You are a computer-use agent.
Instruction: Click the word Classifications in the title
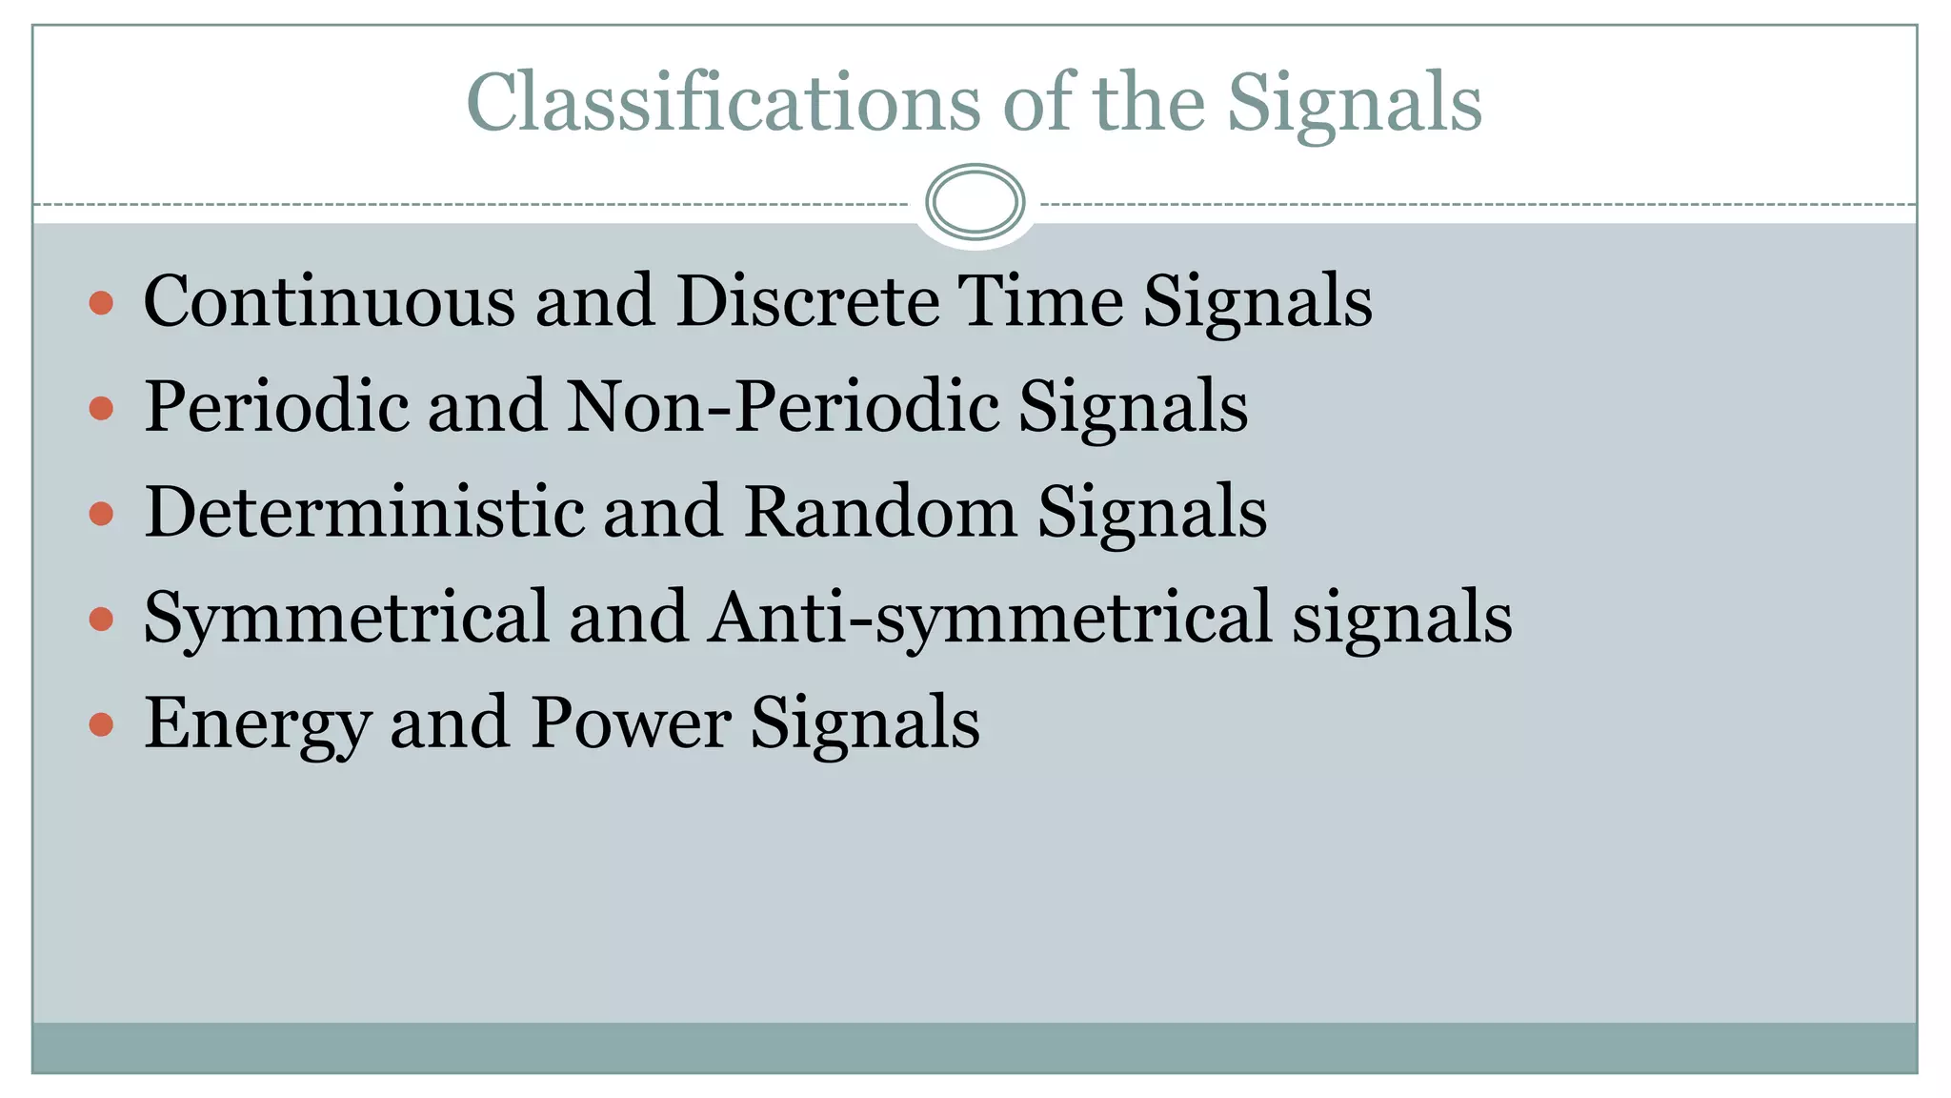tap(723, 102)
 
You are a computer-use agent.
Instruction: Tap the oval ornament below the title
tap(975, 202)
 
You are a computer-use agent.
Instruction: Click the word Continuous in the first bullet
tap(330, 301)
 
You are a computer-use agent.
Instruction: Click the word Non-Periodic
tap(783, 407)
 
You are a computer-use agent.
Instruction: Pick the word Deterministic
tap(364, 512)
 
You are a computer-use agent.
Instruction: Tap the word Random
tap(880, 512)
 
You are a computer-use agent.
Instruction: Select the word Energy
tap(257, 724)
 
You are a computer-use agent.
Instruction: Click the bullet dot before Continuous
tap(101, 304)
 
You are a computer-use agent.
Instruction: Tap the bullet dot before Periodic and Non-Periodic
tap(101, 409)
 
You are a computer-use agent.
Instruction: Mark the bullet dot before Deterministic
tap(101, 515)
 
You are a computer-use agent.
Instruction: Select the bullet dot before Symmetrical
tap(101, 620)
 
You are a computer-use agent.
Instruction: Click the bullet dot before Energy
tap(101, 724)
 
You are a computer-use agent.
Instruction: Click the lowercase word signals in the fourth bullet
tap(1402, 620)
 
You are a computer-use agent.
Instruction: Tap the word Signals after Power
tap(865, 724)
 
